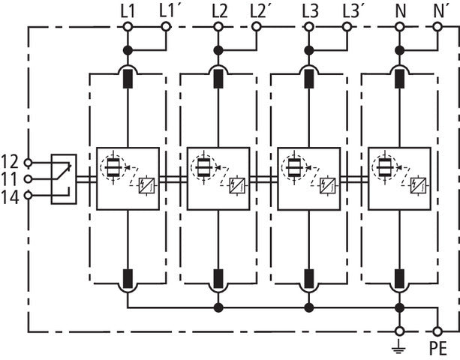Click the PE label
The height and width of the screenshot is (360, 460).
438,348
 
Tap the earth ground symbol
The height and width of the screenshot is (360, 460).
399,346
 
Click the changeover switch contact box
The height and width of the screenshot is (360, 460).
63,178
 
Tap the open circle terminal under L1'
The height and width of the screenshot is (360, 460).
167,27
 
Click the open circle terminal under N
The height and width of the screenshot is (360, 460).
399,27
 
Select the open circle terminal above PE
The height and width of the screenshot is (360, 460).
437,330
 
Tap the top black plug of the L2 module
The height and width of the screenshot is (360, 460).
218,78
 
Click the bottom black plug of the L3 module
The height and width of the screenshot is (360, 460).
308,279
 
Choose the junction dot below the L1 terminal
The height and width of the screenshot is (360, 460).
128,50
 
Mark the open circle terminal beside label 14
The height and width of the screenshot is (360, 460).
29,196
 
